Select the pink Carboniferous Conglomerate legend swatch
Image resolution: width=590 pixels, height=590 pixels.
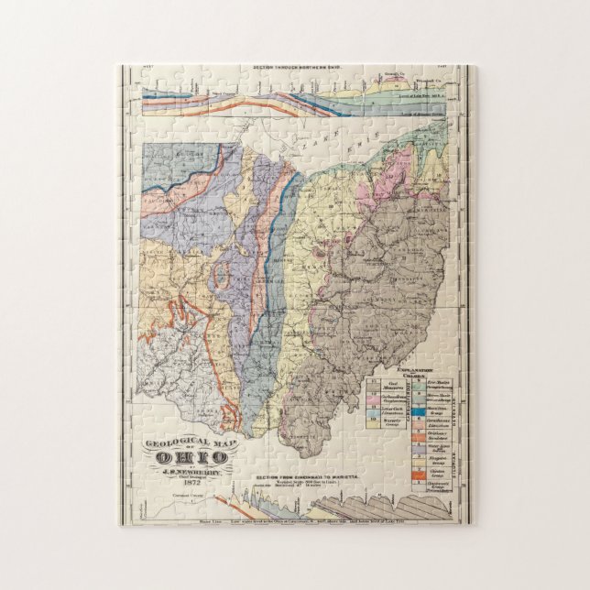click(x=373, y=399)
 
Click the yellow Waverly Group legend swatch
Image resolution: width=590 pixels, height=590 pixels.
click(x=373, y=424)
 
